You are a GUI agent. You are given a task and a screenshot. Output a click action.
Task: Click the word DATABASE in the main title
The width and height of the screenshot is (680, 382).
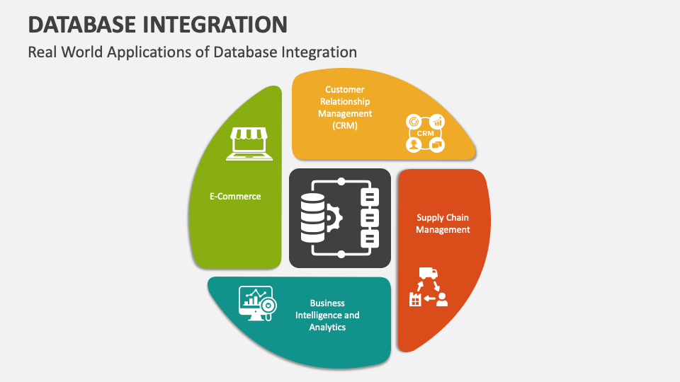pyautogui.click(x=82, y=24)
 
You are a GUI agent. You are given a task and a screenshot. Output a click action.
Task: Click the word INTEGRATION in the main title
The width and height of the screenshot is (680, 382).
pyautogui.click(x=215, y=24)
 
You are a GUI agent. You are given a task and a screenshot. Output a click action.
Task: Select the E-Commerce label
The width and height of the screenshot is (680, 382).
pyautogui.click(x=235, y=196)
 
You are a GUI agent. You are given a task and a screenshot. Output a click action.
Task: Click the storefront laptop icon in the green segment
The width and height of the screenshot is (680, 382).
pyautogui.click(x=249, y=144)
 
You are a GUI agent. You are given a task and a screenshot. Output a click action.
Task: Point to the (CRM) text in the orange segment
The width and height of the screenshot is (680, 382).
pyautogui.click(x=345, y=126)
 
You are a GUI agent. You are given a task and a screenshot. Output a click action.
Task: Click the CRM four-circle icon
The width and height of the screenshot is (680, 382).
pyautogui.click(x=426, y=133)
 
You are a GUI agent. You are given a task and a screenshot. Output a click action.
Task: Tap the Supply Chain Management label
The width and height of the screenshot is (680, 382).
pyautogui.click(x=443, y=224)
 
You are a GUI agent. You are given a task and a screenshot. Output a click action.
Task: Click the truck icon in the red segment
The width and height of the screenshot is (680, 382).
pyautogui.click(x=429, y=273)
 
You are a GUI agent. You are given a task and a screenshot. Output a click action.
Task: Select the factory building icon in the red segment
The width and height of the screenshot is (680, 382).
pyautogui.click(x=415, y=299)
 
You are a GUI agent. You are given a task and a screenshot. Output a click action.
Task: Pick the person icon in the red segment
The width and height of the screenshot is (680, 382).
pyautogui.click(x=442, y=299)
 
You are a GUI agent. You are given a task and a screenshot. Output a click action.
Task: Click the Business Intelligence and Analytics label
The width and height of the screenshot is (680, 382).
pyautogui.click(x=327, y=315)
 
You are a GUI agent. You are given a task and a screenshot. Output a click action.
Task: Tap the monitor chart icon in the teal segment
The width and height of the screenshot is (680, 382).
pyautogui.click(x=258, y=303)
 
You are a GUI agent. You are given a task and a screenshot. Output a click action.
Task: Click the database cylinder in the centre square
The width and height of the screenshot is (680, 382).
pyautogui.click(x=312, y=218)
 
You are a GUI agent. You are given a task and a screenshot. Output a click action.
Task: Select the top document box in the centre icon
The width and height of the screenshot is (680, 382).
pyautogui.click(x=370, y=197)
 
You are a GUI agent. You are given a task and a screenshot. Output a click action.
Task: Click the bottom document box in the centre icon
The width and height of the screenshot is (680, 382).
pyautogui.click(x=370, y=238)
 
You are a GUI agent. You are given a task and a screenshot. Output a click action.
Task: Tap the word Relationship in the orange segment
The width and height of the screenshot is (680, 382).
pyautogui.click(x=345, y=102)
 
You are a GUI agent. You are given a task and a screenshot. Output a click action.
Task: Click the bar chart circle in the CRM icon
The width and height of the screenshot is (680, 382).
pyautogui.click(x=437, y=122)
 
